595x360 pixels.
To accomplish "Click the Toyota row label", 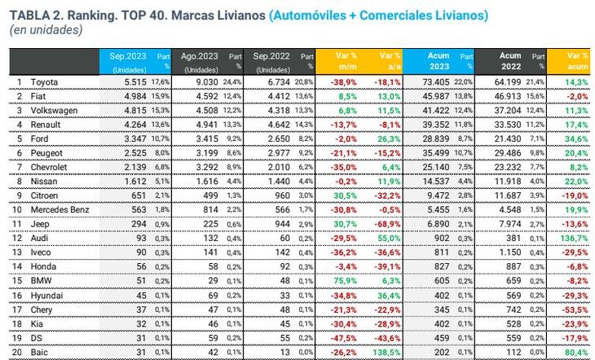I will click(45, 83).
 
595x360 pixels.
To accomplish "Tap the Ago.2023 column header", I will click(201, 55).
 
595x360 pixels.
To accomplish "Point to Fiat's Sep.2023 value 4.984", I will click(130, 97).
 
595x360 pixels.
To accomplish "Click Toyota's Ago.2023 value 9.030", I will click(201, 83).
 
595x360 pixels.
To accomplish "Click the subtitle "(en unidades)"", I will click(46, 30).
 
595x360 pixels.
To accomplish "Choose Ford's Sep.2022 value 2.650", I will click(271, 138).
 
